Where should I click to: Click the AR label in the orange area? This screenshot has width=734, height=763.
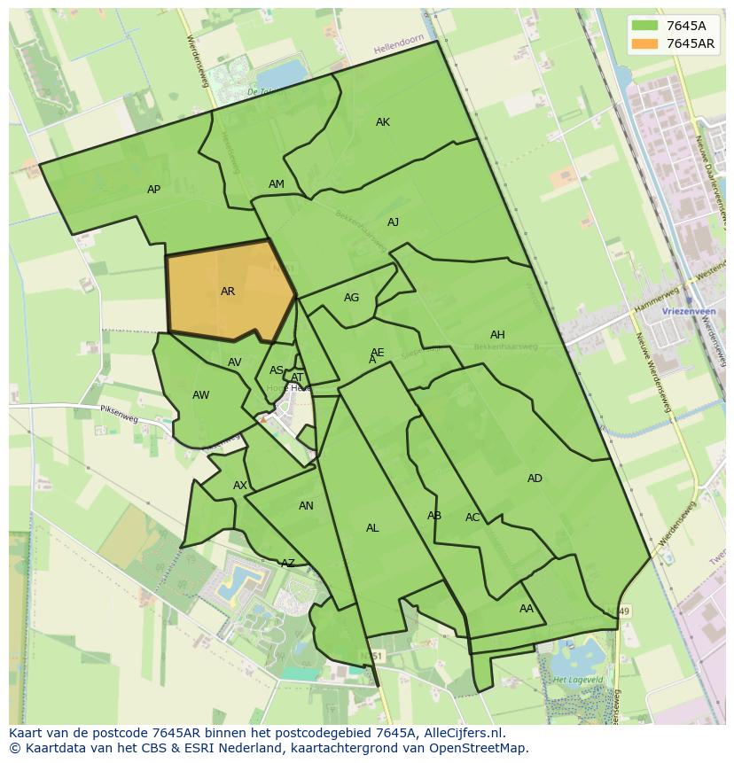228,292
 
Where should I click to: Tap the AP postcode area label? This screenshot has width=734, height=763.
153,190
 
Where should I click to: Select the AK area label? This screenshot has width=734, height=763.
383,122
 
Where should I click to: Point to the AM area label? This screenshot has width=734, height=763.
277,184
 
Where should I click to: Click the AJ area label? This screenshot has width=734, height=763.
393,222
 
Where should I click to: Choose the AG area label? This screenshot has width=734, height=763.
352,298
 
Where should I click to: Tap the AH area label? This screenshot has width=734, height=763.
497,335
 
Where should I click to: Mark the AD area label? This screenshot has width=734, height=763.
535,479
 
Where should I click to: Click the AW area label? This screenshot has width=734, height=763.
201,395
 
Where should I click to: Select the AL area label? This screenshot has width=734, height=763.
372,528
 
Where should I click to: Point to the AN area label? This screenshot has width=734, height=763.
306,506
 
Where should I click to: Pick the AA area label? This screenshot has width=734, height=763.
527,609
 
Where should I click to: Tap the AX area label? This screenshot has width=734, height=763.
240,486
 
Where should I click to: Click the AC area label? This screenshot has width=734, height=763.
472,518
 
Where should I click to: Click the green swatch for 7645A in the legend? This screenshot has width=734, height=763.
644,25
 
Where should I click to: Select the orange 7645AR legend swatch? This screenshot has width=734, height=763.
644,43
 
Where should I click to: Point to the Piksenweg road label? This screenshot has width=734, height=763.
120,412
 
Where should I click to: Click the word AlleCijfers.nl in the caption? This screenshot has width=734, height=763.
462,734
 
